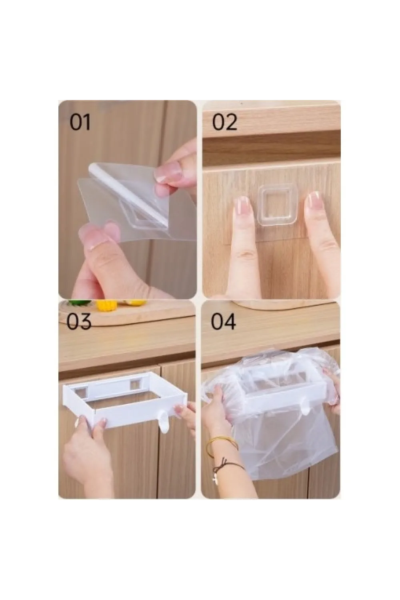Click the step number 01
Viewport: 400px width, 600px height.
point(80,122)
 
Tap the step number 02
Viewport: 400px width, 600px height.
point(224,122)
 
